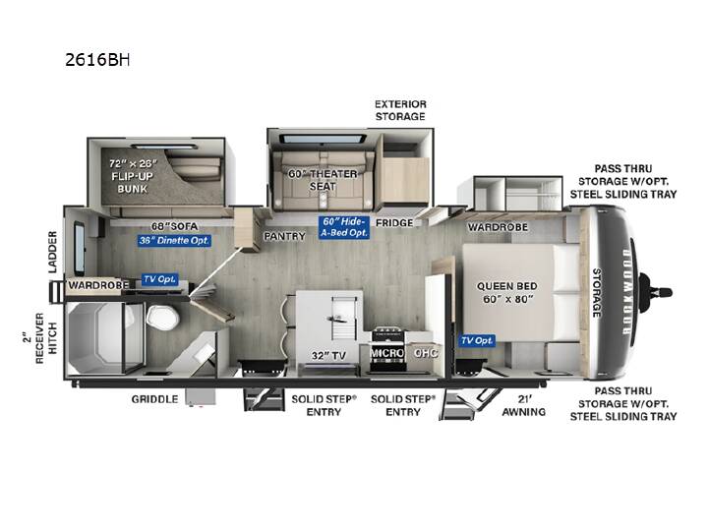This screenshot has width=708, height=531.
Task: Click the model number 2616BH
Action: (x=97, y=60)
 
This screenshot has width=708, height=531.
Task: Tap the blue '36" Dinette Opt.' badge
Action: (x=174, y=240)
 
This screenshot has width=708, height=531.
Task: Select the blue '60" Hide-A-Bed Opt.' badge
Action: (x=344, y=227)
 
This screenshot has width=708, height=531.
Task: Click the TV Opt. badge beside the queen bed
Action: (x=477, y=340)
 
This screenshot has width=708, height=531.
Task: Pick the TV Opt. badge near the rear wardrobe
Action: (x=159, y=279)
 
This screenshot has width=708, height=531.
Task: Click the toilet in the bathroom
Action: (x=162, y=317)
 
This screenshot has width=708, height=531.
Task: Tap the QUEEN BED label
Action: (x=507, y=286)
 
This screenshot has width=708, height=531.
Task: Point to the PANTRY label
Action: (x=285, y=236)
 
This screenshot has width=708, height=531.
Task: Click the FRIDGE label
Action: (x=394, y=222)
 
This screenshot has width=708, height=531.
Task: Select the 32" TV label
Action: (x=328, y=356)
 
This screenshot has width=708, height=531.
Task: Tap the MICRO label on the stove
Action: (x=387, y=353)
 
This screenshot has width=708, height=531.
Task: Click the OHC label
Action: (x=426, y=353)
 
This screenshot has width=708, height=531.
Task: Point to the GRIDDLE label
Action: (x=154, y=399)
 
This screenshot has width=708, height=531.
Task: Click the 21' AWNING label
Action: (x=524, y=405)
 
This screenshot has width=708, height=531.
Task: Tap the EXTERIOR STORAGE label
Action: (x=400, y=110)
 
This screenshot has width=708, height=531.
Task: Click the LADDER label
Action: (x=53, y=252)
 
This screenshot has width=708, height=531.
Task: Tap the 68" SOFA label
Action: (x=175, y=226)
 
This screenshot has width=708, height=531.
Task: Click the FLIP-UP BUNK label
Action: (x=133, y=183)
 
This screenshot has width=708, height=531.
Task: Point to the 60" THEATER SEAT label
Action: (x=323, y=180)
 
